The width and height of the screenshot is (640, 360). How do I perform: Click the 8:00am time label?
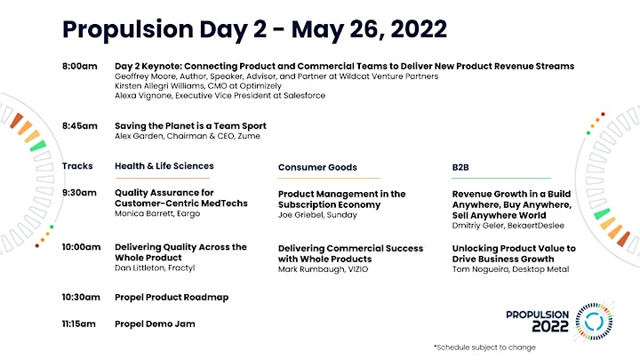click(80, 66)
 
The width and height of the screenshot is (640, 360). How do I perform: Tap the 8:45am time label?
click(80, 126)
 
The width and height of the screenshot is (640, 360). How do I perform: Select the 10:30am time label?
click(81, 297)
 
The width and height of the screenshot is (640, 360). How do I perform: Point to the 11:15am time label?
click(78, 324)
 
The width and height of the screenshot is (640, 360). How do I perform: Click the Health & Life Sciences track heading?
click(164, 166)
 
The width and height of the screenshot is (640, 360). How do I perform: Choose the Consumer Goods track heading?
click(317, 167)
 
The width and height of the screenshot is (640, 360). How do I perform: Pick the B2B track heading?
click(460, 167)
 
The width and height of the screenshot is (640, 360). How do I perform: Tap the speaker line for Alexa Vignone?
click(220, 95)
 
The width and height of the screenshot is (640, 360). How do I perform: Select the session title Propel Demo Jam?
click(155, 324)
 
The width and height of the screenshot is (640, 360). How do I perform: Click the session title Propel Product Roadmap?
click(172, 297)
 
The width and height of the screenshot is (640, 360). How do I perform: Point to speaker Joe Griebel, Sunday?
click(317, 215)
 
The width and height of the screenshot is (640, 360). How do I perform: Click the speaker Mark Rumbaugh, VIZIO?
click(323, 269)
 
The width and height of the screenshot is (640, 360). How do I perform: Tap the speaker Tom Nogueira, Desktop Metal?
click(510, 269)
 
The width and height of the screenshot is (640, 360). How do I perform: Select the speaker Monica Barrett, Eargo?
click(157, 213)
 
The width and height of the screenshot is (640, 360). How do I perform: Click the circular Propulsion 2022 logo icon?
click(594, 322)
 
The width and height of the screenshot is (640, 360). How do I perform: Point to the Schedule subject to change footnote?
click(485, 348)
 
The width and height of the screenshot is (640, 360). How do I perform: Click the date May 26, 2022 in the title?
click(369, 29)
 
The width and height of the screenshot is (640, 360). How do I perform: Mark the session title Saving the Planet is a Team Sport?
click(190, 126)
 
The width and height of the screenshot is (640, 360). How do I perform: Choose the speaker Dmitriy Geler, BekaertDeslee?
click(508, 226)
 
